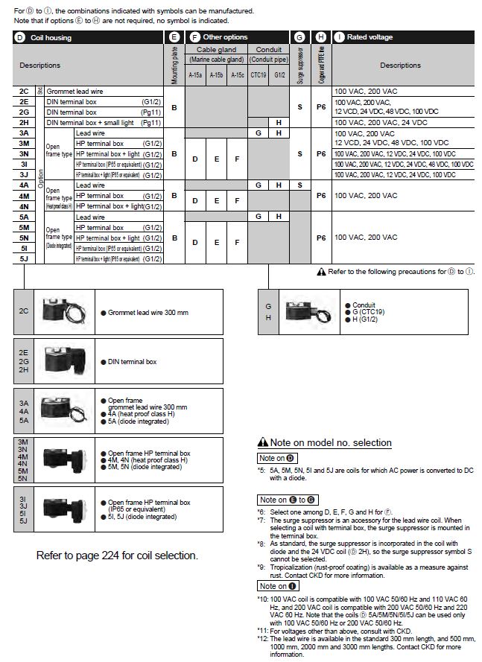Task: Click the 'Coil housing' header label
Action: [51, 37]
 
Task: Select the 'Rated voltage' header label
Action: [370, 37]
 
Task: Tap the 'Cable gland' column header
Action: [216, 50]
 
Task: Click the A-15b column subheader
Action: [216, 74]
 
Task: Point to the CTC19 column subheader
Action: [259, 74]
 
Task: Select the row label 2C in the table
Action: [25, 91]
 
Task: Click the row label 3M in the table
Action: [25, 143]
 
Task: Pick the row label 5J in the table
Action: [25, 258]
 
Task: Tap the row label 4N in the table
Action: [25, 206]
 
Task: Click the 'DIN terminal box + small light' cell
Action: [94, 122]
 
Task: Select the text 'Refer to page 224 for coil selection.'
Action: [117, 556]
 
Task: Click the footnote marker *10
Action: [261, 598]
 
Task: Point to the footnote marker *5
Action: [261, 471]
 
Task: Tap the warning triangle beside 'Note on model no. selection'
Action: [262, 443]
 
